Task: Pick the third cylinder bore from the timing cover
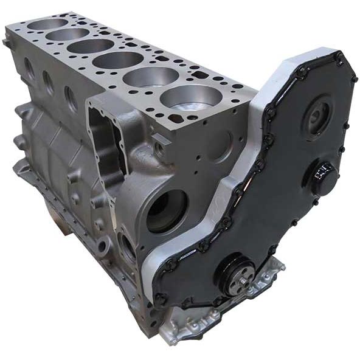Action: (x=118, y=60)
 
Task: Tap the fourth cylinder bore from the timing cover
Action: (x=91, y=46)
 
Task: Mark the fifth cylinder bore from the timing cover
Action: (x=67, y=34)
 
